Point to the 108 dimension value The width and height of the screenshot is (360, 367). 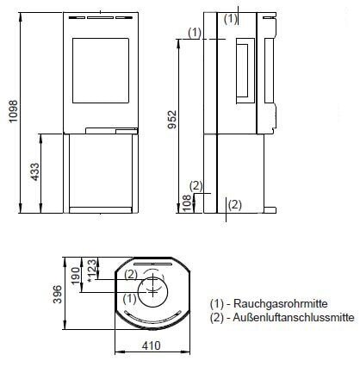point(186,202)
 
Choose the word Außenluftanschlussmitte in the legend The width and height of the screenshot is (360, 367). point(289,317)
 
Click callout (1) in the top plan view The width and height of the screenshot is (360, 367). point(129,298)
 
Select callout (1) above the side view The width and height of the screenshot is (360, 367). point(230,17)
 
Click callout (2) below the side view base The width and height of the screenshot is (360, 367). point(235,204)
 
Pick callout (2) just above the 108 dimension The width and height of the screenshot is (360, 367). point(196,185)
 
